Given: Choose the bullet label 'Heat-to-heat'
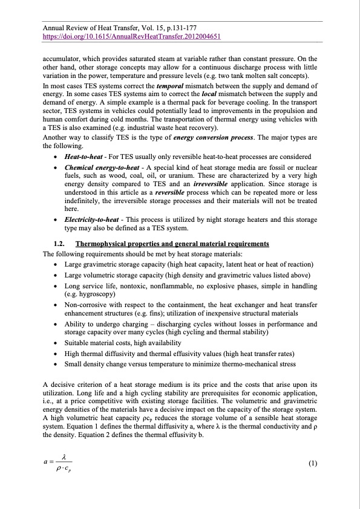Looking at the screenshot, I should tap(83, 157).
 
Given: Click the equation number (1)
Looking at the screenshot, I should tap(312, 464).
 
